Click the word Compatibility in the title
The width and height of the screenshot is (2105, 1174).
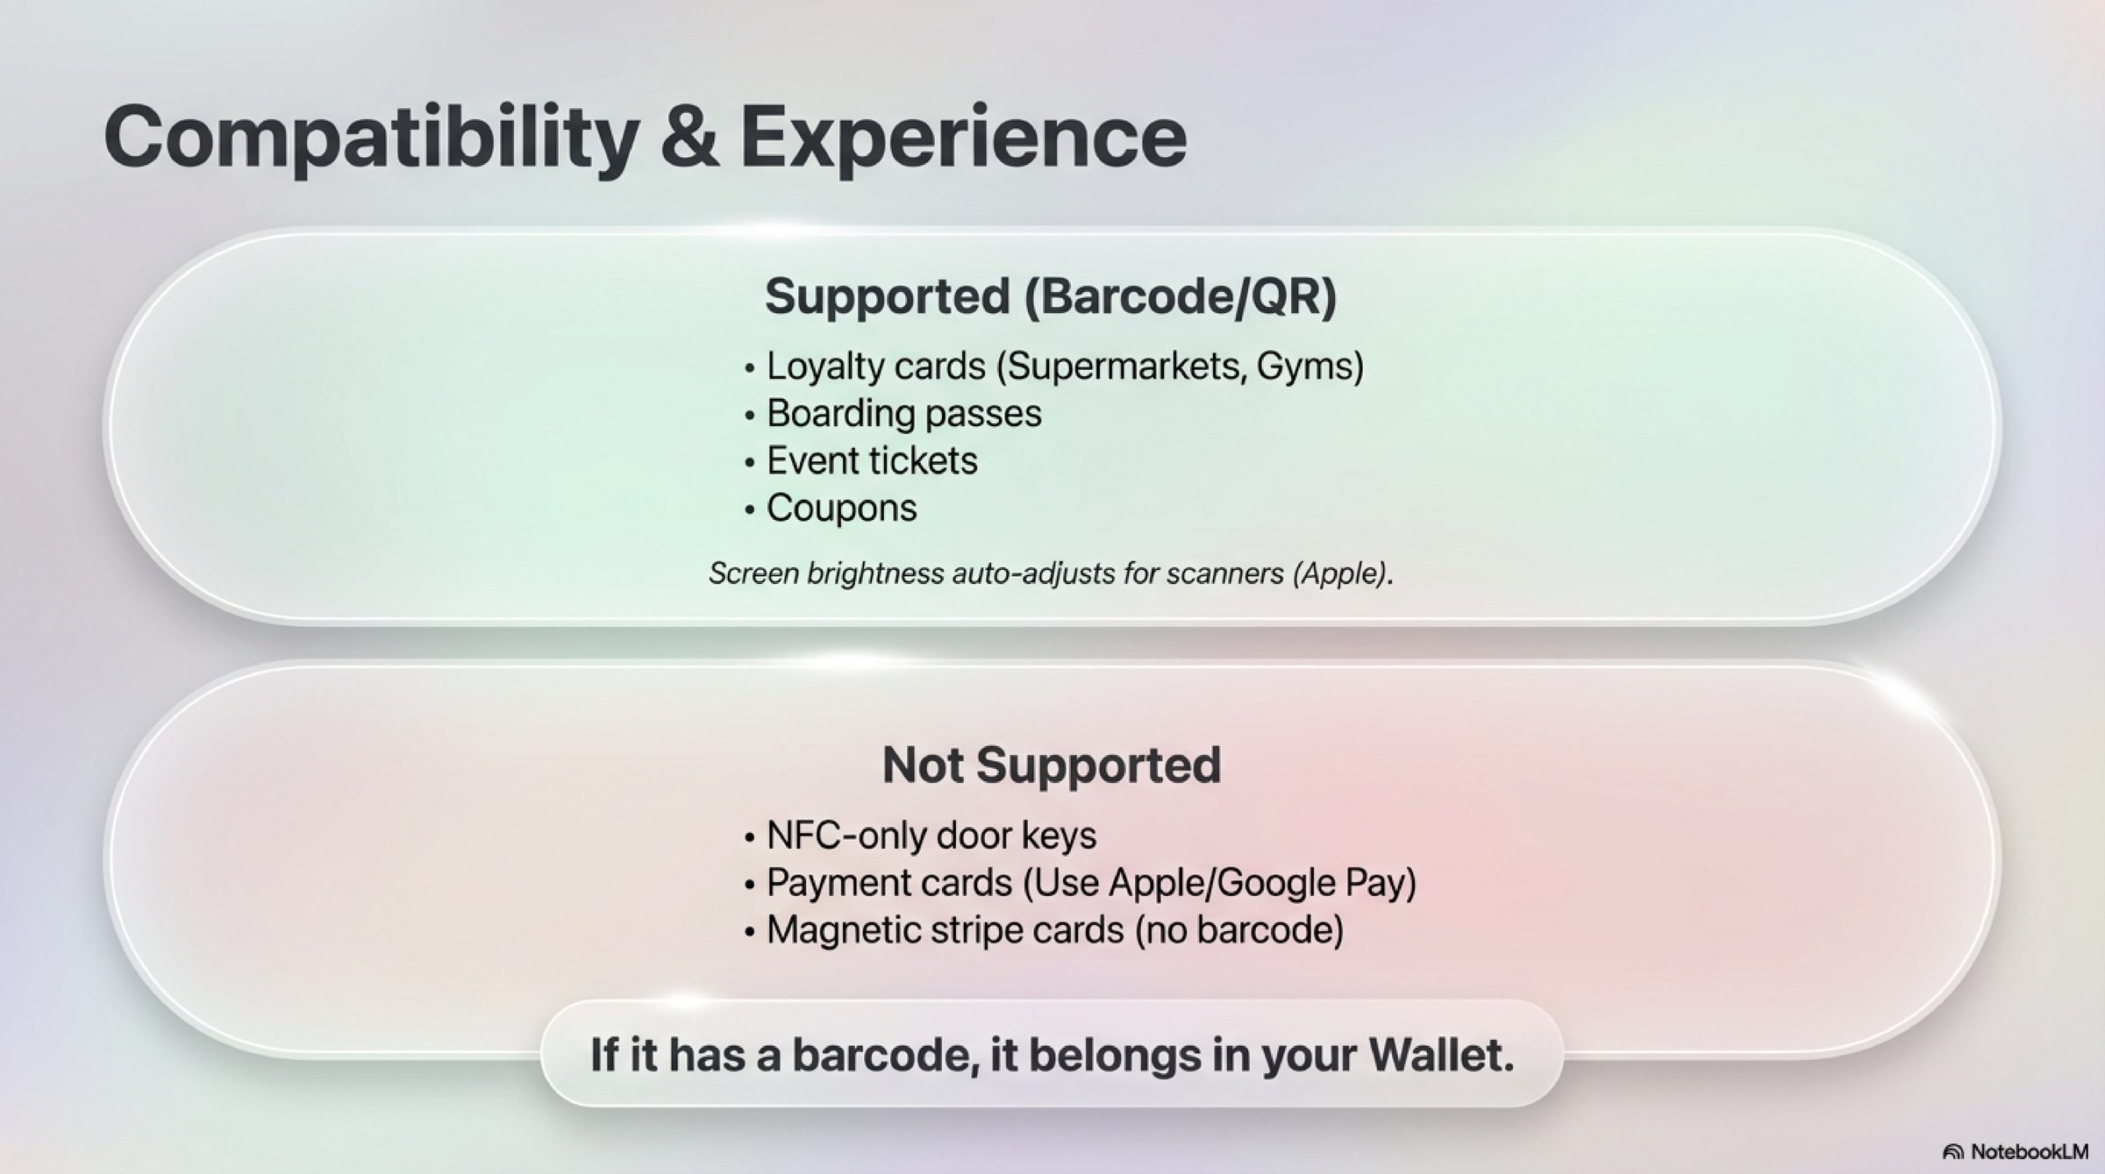click(371, 139)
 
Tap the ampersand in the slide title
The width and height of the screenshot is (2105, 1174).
click(689, 137)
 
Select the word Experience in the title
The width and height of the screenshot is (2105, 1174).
click(963, 139)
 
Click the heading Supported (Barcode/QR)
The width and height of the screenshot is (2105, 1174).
click(1051, 296)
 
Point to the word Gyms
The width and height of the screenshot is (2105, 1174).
click(1309, 366)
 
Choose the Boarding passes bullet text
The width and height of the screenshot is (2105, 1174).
click(904, 414)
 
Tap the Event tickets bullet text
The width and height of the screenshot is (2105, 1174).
click(872, 461)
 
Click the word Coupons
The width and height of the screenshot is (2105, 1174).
click(842, 509)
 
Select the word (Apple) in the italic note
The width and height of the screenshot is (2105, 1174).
click(1342, 573)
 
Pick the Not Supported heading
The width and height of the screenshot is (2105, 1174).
click(1051, 765)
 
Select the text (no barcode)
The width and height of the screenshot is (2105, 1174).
click(1239, 930)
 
